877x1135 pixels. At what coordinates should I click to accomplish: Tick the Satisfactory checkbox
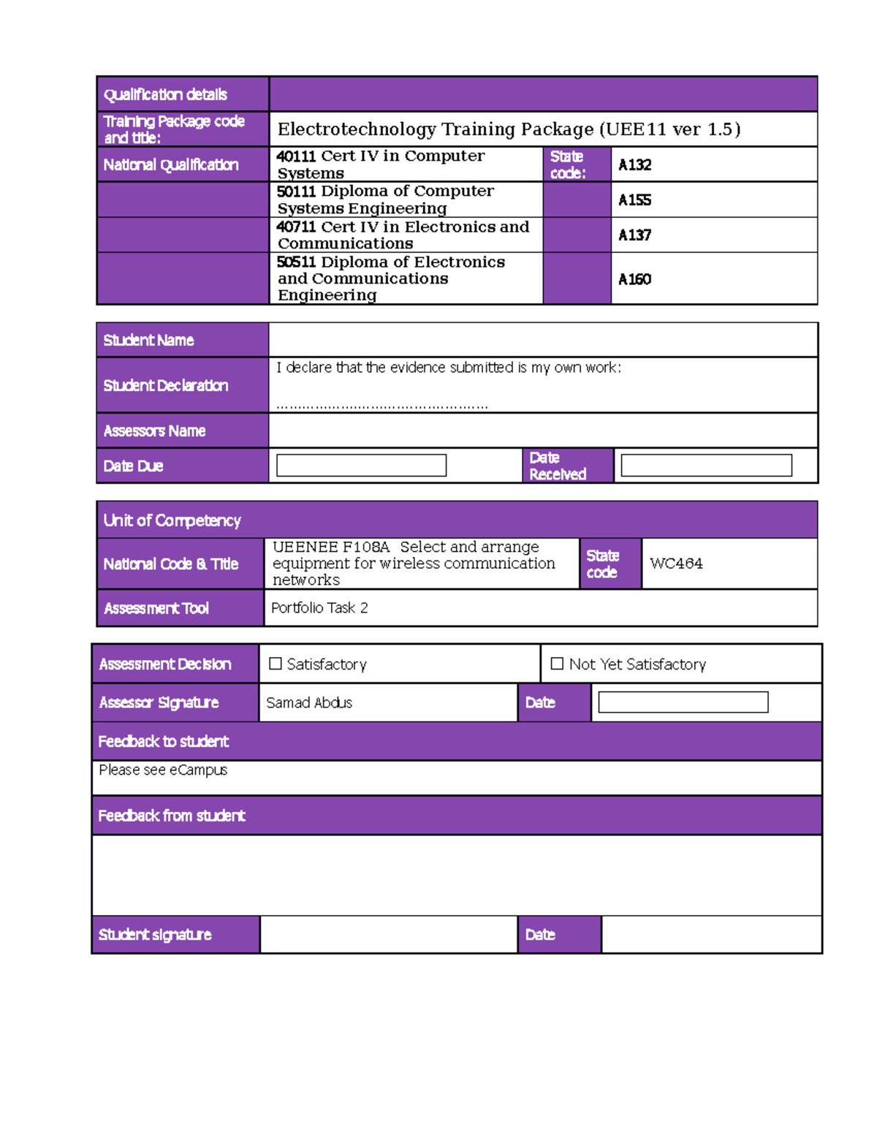point(276,664)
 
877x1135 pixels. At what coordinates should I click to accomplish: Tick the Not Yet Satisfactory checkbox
point(557,664)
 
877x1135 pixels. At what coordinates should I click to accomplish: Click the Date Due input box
point(361,466)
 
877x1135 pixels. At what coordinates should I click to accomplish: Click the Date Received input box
point(706,466)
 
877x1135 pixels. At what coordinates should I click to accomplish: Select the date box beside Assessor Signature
point(683,702)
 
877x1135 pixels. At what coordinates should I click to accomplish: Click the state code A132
point(634,165)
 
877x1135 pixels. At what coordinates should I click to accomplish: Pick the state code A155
point(634,200)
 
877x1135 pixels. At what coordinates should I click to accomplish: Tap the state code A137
point(634,235)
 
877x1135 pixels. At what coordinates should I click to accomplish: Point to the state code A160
point(634,279)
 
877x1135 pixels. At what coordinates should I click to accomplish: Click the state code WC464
point(676,563)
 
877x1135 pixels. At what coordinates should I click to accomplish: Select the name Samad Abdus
point(309,702)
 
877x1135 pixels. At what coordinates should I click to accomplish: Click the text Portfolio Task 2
point(319,608)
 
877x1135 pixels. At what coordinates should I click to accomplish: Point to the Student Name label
point(148,341)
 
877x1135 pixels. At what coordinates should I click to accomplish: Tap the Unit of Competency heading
point(172,520)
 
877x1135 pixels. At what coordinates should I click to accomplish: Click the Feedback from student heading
point(172,816)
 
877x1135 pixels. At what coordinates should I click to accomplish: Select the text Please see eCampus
point(163,770)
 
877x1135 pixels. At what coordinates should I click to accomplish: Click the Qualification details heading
point(165,95)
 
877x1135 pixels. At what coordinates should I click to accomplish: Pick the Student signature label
point(155,935)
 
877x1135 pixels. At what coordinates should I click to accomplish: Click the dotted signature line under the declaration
point(382,406)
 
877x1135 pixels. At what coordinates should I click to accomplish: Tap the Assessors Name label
point(154,431)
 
